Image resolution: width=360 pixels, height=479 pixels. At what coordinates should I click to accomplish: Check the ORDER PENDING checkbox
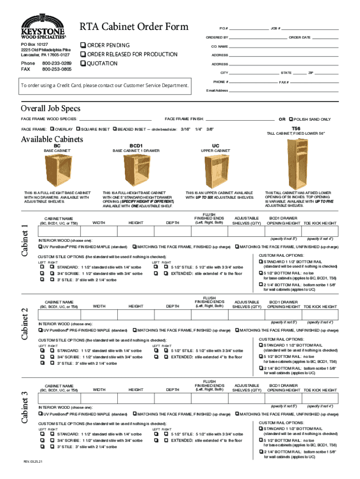pyautogui.click(x=83, y=45)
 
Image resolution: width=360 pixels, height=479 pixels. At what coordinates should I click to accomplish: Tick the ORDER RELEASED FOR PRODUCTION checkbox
pyautogui.click(x=83, y=54)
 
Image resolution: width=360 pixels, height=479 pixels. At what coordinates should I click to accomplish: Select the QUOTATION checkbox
pyautogui.click(x=83, y=63)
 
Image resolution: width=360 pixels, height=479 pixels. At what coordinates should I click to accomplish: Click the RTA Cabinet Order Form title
pyautogui.click(x=134, y=26)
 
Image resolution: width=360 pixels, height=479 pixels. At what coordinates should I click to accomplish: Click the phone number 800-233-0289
pyautogui.click(x=57, y=63)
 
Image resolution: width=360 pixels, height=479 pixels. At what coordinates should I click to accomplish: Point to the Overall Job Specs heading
pyautogui.click(x=50, y=108)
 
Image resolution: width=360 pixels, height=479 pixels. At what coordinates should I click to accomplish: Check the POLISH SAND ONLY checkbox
pyautogui.click(x=292, y=119)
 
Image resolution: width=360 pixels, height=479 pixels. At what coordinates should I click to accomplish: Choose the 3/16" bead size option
pyautogui.click(x=185, y=129)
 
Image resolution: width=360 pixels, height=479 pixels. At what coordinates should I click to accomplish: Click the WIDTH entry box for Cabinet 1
pyautogui.click(x=99, y=232)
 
